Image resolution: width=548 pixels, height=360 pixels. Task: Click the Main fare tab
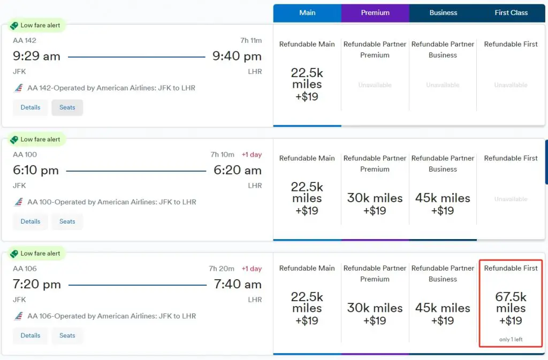(x=307, y=13)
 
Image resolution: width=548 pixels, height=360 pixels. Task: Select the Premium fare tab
(x=375, y=13)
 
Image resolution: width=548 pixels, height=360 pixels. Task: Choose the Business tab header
(x=443, y=13)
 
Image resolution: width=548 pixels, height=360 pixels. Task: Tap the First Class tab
(x=511, y=13)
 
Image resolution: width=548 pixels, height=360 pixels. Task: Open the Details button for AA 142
(x=31, y=108)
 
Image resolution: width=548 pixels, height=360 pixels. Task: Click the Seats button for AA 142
(x=67, y=108)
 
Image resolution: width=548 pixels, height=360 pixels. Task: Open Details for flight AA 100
(x=31, y=221)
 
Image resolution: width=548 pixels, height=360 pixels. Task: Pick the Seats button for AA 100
(x=67, y=221)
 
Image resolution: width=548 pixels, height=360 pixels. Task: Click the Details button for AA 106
(x=31, y=335)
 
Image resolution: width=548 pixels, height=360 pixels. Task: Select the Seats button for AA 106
(x=67, y=335)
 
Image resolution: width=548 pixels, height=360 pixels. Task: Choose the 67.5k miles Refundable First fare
(x=511, y=309)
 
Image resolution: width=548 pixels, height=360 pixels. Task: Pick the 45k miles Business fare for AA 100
(x=443, y=204)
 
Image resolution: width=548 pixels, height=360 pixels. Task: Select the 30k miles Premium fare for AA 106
(x=375, y=314)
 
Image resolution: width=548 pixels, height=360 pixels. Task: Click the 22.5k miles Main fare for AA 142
(x=307, y=85)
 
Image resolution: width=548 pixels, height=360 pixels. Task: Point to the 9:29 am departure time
(x=36, y=56)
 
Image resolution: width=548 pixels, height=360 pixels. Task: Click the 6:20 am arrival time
(x=238, y=171)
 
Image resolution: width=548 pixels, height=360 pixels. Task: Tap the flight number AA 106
(x=25, y=269)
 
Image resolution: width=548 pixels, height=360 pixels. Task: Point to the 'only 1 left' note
(x=511, y=340)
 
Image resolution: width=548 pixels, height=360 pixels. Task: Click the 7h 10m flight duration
(x=223, y=155)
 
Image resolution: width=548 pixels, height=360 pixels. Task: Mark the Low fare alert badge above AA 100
(x=36, y=140)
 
